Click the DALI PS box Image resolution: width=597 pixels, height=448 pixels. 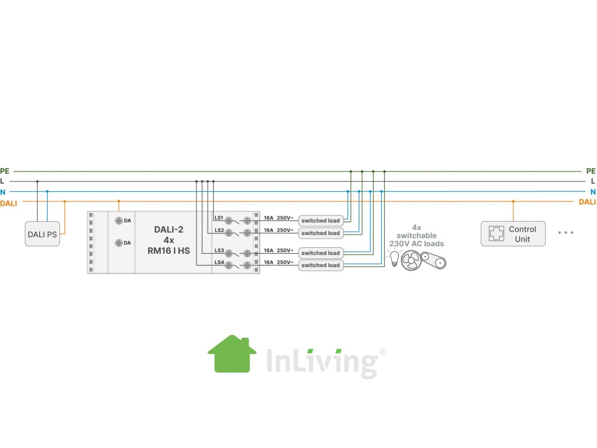(x=43, y=234)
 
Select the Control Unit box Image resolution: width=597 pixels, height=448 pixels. (x=513, y=234)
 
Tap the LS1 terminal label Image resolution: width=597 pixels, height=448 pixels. (x=219, y=218)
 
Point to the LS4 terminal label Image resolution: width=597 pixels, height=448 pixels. (x=219, y=262)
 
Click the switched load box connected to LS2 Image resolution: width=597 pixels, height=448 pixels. (x=320, y=233)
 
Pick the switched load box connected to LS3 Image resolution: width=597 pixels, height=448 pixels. (x=320, y=253)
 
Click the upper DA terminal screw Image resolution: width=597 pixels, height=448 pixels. (x=118, y=220)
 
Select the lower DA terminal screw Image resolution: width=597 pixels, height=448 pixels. (x=118, y=243)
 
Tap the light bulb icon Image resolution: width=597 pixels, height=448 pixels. (x=394, y=258)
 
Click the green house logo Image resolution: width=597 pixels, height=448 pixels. (x=232, y=353)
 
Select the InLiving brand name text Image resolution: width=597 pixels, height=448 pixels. (x=321, y=362)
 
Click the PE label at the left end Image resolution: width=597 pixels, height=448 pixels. (x=5, y=171)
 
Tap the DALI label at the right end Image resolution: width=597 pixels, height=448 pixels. (x=587, y=202)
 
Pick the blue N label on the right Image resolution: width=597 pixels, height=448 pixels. (x=593, y=192)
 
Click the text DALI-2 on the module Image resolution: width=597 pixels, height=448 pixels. (x=169, y=230)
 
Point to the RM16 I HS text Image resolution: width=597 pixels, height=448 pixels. (x=169, y=251)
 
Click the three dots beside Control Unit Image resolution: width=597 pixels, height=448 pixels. (x=566, y=233)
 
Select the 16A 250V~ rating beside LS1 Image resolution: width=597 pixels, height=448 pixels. (x=278, y=217)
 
